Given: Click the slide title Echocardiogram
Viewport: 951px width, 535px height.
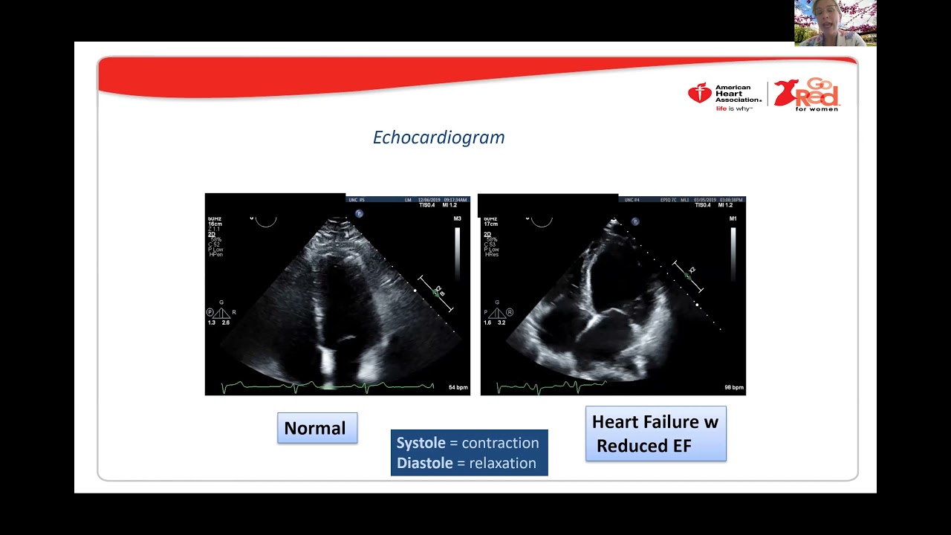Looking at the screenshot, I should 438,137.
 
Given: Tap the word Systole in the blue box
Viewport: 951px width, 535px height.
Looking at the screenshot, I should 421,443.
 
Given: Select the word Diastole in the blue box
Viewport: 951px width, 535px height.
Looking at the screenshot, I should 424,463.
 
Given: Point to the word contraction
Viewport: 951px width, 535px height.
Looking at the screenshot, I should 500,443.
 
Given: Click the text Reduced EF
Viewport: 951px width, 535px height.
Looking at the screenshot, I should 643,446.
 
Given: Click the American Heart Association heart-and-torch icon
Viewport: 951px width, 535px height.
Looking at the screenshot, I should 699,93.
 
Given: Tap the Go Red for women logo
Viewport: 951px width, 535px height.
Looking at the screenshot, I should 807,94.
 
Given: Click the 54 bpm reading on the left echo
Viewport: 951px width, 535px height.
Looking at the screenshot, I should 458,388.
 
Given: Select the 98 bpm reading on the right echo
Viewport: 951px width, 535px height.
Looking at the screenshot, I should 733,388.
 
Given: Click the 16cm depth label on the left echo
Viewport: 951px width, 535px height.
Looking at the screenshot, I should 215,224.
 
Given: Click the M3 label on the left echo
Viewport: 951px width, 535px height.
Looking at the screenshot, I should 458,218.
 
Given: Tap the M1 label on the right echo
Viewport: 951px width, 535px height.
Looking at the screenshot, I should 733,218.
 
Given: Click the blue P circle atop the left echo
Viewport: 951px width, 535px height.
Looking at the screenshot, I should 359,214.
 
